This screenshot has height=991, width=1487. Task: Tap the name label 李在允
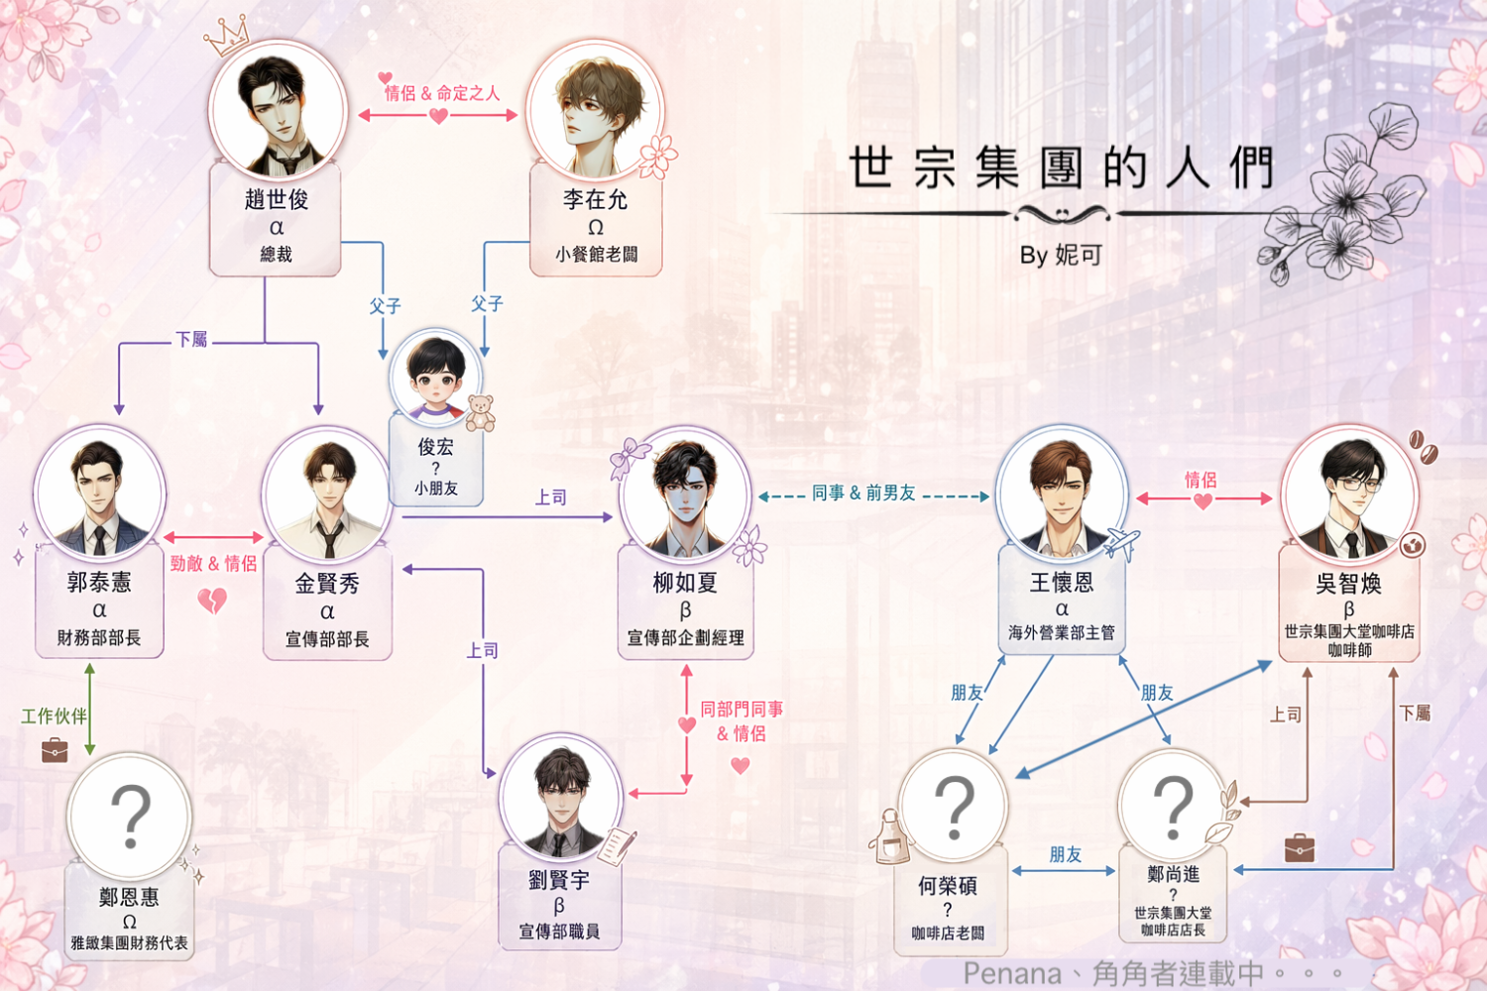[595, 199]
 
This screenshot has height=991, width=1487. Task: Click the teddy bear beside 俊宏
[480, 413]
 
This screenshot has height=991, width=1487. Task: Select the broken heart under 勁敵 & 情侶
[212, 601]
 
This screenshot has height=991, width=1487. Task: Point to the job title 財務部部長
[99, 638]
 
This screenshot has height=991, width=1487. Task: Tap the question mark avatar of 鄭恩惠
[130, 816]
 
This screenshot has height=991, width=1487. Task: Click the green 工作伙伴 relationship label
[54, 716]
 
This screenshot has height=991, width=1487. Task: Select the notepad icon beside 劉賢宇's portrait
[617, 845]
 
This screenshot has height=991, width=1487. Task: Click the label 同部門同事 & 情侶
[742, 721]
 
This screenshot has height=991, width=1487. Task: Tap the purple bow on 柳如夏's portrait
[629, 457]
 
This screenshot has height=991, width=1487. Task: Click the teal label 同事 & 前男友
[863, 493]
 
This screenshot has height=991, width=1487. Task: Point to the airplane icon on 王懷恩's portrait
[1120, 544]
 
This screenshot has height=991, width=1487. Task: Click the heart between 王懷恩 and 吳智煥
[1202, 501]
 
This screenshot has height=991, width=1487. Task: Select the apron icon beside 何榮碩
[890, 837]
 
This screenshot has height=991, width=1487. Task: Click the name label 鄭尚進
[1173, 874]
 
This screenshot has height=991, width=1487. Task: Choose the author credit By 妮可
[1061, 255]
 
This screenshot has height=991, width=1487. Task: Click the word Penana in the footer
[1012, 974]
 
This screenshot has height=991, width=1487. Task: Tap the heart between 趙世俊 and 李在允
[438, 116]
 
